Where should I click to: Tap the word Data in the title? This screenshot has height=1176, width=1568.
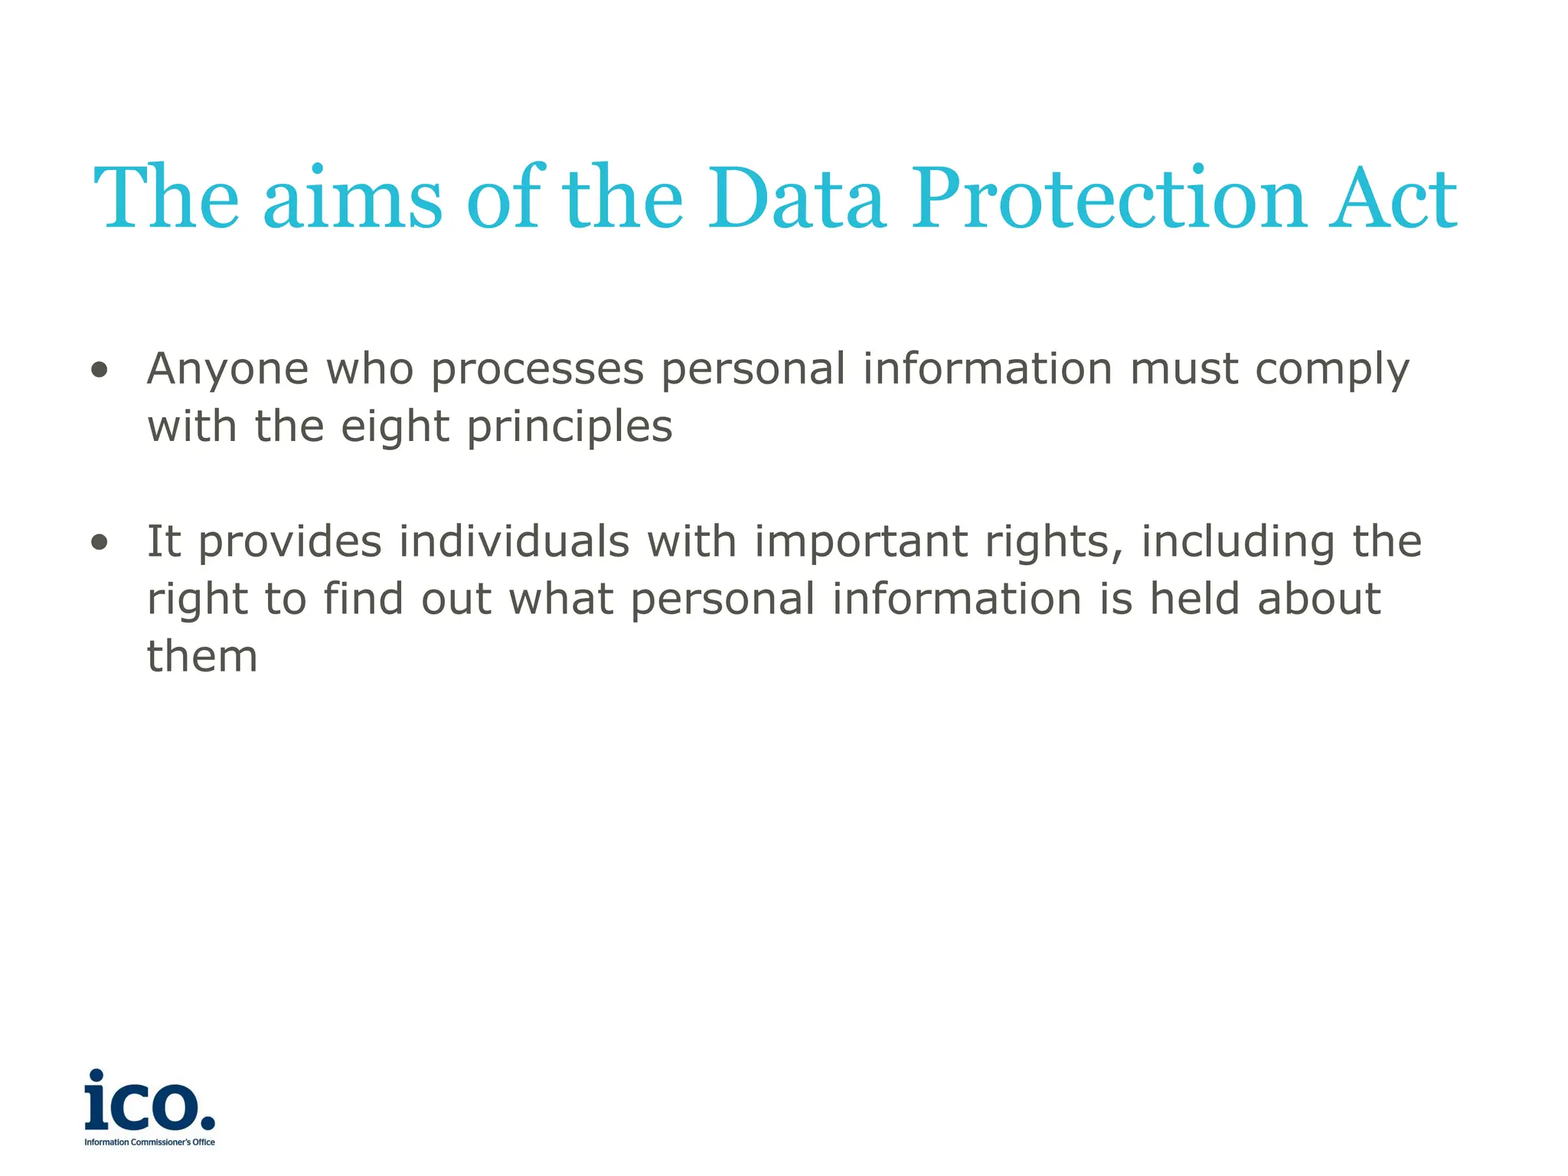pyautogui.click(x=796, y=198)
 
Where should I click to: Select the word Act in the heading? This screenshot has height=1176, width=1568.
pyautogui.click(x=1392, y=198)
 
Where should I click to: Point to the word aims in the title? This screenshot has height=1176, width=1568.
pyautogui.click(x=352, y=198)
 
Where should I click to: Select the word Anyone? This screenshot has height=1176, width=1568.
pyautogui.click(x=228, y=370)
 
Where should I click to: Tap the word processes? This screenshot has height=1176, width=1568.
pyautogui.click(x=537, y=370)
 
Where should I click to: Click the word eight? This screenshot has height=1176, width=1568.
pyautogui.click(x=395, y=428)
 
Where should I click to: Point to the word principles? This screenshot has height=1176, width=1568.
pyautogui.click(x=570, y=428)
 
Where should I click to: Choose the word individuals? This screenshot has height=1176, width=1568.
pyautogui.click(x=514, y=541)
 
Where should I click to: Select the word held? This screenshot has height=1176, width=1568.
pyautogui.click(x=1194, y=599)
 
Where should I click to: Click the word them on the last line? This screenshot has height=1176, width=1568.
pyautogui.click(x=202, y=657)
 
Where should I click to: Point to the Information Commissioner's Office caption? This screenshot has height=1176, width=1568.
pyautogui.click(x=150, y=1142)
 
